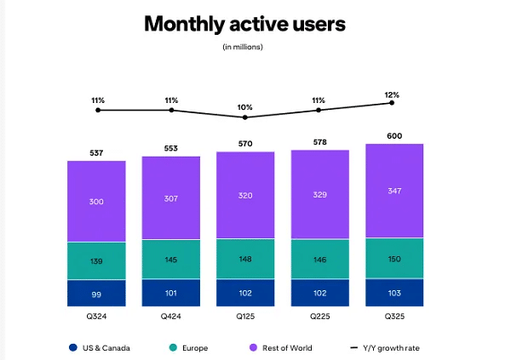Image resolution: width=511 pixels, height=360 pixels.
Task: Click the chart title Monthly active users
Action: pos(244,23)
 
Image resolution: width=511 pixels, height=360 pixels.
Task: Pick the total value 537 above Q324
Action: pos(97,153)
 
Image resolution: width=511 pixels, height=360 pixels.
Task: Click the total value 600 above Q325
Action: pos(394,135)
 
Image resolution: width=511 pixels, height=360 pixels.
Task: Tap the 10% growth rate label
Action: pos(245,107)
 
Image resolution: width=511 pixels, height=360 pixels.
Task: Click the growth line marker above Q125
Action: pos(245,117)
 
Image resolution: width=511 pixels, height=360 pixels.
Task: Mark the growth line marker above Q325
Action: pos(392,102)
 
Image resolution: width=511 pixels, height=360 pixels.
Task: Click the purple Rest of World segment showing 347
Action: pos(394,191)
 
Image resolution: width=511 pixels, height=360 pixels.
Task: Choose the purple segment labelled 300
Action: pos(97,202)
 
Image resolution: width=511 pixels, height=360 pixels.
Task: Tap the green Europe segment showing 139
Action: pos(97,260)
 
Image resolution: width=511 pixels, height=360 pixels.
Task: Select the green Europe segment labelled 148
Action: pos(245,259)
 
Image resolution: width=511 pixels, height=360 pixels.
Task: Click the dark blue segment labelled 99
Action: pos(97,293)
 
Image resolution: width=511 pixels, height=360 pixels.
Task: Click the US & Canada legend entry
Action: pos(103,347)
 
